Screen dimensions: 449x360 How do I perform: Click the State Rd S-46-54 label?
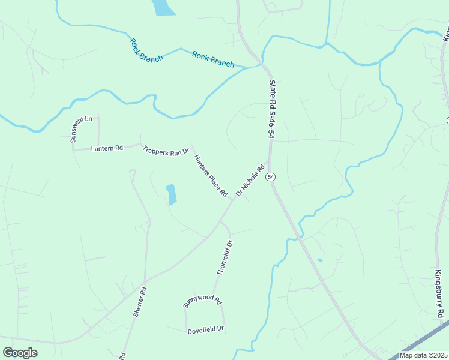coord(271,110)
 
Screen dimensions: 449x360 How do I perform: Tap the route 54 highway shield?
coord(271,177)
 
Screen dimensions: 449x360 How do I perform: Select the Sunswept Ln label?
coord(81,128)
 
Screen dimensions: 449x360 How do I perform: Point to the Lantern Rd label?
coord(107,148)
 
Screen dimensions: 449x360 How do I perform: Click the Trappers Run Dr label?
coord(166,152)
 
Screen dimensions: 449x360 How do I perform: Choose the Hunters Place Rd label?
coord(211,176)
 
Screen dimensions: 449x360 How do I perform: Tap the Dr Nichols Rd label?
coord(250,181)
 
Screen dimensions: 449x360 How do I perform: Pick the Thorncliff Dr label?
coord(224,258)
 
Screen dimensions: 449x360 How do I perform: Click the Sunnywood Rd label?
coord(203,302)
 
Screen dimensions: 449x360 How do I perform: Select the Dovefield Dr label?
coord(205,329)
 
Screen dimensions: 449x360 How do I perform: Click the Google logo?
coord(20,353)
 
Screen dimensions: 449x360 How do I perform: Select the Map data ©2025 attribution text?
coord(423,355)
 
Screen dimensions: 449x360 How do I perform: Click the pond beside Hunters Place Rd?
coord(172,194)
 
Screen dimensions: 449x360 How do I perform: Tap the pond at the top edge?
coord(163,7)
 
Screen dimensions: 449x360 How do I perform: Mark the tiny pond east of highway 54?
coord(319,260)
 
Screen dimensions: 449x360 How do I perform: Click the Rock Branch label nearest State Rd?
coord(213,59)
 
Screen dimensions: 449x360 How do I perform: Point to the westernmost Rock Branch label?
coord(146,50)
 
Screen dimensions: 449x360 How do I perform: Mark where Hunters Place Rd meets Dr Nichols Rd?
coord(233,200)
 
